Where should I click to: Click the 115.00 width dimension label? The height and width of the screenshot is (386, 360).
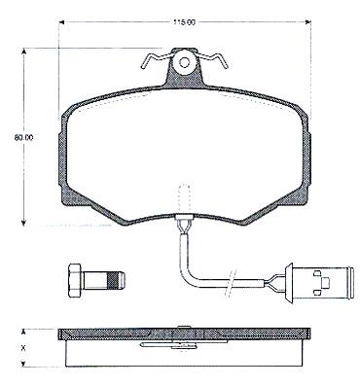click(x=185, y=22)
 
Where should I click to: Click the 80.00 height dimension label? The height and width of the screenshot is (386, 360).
click(x=23, y=137)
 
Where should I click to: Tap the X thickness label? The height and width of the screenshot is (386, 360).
click(x=23, y=349)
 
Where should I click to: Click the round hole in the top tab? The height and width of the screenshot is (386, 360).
click(x=184, y=62)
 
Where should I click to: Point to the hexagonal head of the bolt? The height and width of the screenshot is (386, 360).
click(x=76, y=279)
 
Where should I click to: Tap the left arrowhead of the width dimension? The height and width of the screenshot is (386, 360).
click(x=61, y=22)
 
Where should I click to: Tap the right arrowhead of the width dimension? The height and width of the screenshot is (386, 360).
click(x=308, y=22)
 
